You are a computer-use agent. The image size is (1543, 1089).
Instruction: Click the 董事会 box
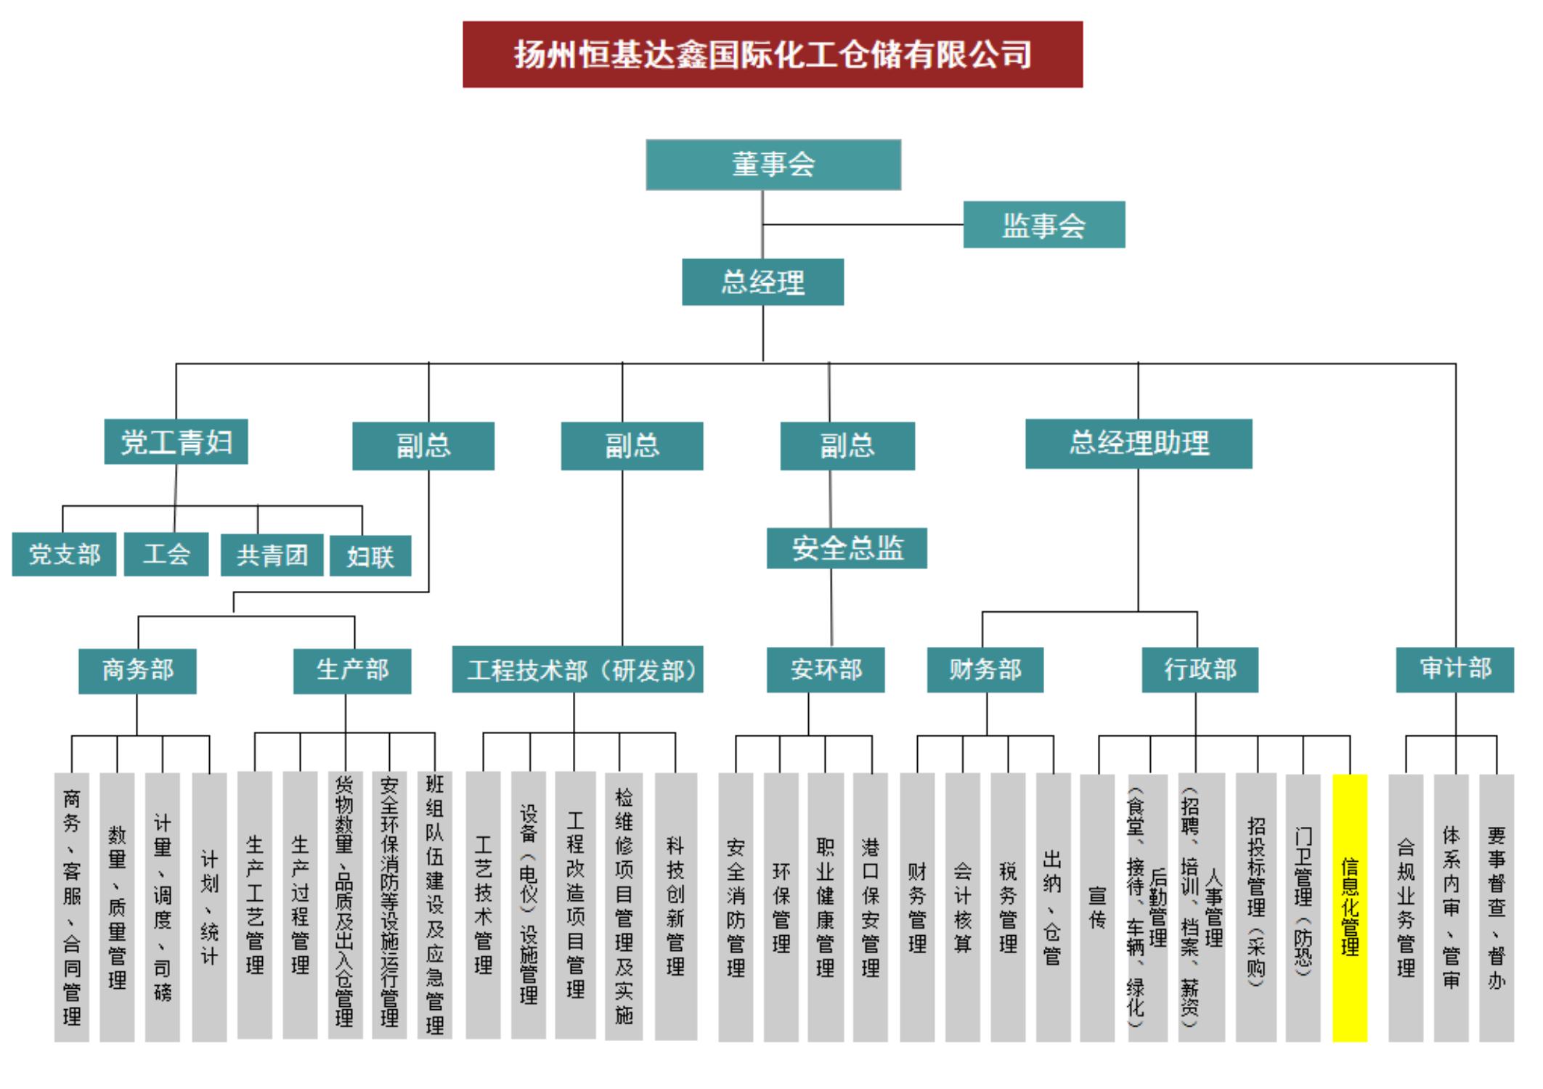point(773,165)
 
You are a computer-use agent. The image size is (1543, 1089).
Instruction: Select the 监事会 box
point(1044,225)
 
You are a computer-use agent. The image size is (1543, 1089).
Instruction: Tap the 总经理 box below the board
point(763,282)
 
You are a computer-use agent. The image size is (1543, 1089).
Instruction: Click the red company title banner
point(773,54)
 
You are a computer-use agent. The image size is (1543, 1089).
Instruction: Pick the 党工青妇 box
point(176,441)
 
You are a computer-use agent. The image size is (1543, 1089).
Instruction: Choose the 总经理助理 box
point(1139,444)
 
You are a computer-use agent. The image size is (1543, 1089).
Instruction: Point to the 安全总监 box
point(847,548)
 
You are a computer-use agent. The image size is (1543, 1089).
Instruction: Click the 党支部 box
point(64,555)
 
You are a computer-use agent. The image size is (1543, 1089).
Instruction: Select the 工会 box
point(166,555)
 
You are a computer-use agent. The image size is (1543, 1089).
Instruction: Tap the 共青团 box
point(272,555)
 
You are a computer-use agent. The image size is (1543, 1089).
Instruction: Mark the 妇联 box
point(370,556)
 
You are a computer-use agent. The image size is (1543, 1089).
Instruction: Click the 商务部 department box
point(137,671)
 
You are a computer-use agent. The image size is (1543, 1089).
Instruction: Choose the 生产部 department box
point(352,671)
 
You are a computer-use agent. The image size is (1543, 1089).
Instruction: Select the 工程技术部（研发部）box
point(578,669)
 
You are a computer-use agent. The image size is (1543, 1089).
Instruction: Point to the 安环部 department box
point(826,669)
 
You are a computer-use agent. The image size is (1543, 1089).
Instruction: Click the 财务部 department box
point(985,669)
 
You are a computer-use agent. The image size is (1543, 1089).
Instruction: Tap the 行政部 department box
point(1200,669)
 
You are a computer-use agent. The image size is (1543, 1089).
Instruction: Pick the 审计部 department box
point(1455,669)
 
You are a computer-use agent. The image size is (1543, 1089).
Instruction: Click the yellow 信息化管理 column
point(1350,907)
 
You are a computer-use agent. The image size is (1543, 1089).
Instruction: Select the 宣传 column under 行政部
point(1097,907)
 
